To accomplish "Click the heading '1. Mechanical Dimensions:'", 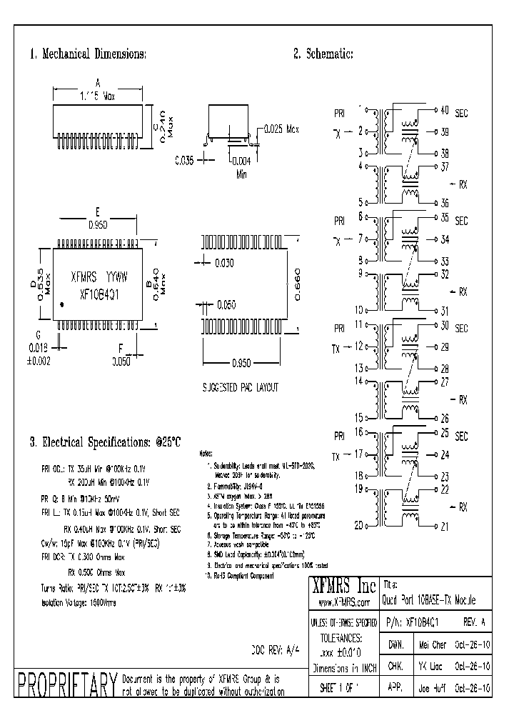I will [89, 54].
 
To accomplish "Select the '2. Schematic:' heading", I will [323, 54].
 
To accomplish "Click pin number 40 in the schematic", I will [444, 110].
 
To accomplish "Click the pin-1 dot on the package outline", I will [62, 305].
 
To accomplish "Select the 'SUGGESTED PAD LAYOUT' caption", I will [241, 387].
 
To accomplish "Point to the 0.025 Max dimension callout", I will [281, 129].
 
